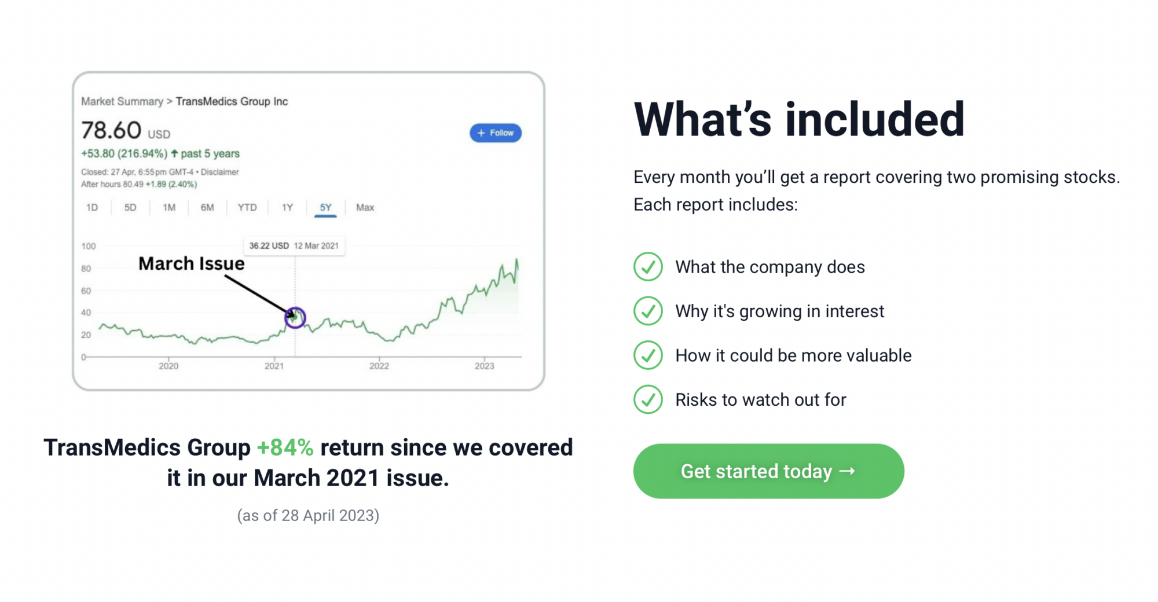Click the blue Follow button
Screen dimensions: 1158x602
[495, 133]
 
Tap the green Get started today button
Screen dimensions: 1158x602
[768, 471]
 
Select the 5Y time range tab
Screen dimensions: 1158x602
[325, 207]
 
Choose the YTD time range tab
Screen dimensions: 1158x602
[247, 207]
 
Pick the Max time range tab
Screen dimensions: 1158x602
[365, 207]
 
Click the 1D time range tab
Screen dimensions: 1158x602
[92, 207]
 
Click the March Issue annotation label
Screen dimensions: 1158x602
[192, 263]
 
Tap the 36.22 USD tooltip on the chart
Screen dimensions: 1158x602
[294, 245]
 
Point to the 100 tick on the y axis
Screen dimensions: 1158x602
[89, 246]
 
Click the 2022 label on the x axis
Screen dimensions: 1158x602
[379, 366]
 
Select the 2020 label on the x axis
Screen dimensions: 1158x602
[168, 366]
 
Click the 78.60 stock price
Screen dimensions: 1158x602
[111, 130]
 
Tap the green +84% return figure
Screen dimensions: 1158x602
[285, 447]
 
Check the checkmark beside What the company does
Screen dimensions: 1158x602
[648, 267]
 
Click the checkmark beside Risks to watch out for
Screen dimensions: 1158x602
[648, 399]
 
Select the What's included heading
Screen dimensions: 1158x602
[799, 119]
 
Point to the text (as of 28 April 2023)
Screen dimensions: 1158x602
[308, 515]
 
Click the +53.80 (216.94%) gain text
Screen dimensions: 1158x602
[124, 153]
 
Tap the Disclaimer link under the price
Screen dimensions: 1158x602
[220, 172]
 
